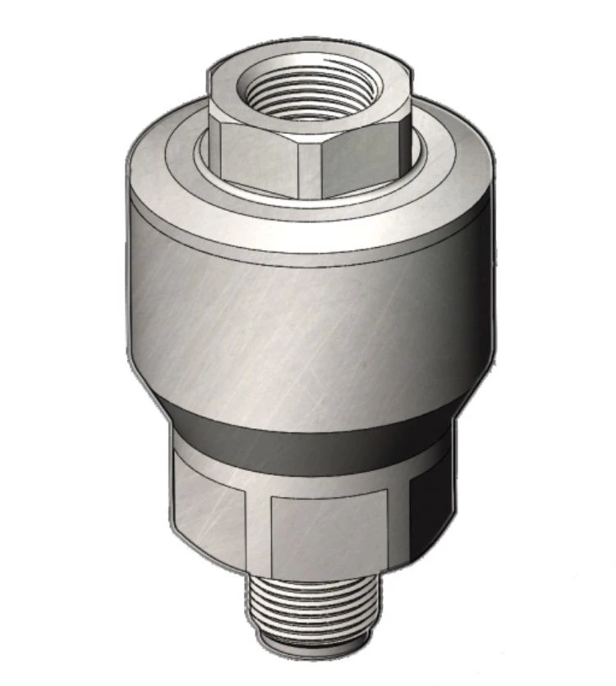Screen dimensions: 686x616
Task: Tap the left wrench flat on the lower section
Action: coord(209,513)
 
